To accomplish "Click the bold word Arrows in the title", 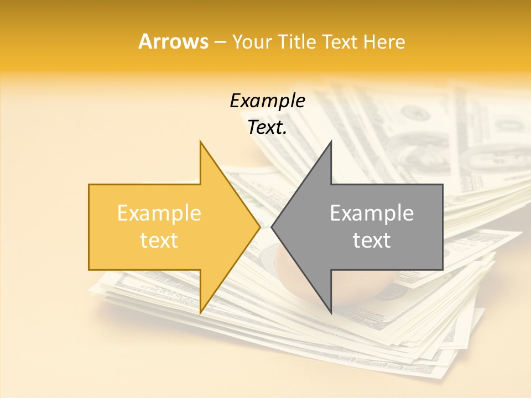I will (x=173, y=41).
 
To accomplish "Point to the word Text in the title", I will (x=339, y=42).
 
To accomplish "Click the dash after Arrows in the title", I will (x=220, y=43).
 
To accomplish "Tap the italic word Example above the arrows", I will (x=267, y=101).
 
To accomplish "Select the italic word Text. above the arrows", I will (x=267, y=128).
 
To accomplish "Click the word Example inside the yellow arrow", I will (x=159, y=213).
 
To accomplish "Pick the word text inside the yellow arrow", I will (x=159, y=240).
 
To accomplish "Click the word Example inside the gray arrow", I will (x=372, y=213).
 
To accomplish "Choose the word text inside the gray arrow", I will (x=372, y=240).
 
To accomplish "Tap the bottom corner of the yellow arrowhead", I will (x=201, y=312).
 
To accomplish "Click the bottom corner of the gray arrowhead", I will (x=330, y=312).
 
